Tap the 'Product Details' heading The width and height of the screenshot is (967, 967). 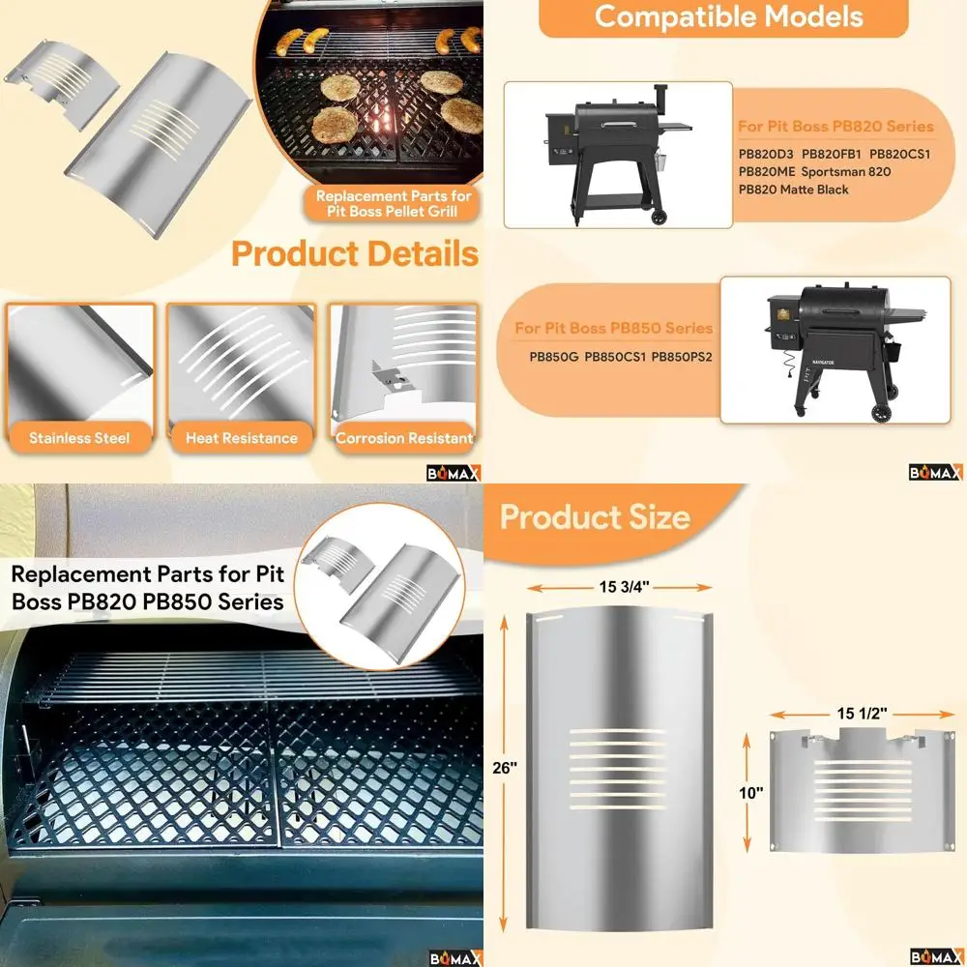tap(354, 254)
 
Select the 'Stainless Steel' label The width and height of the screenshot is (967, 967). tap(79, 438)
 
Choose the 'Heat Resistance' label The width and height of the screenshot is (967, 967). tap(242, 438)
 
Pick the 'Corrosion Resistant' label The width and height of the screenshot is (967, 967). tap(404, 438)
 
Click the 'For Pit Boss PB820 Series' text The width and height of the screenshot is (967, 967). tap(835, 127)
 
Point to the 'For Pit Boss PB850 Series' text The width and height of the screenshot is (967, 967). tap(613, 329)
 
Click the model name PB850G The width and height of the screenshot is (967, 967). tap(553, 356)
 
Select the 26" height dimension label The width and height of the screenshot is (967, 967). tap(505, 767)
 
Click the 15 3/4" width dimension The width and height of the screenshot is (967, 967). tap(620, 586)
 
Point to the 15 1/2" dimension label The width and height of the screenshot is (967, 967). tap(863, 714)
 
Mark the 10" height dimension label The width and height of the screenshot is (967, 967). tap(751, 792)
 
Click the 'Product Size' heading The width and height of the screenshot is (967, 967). tap(595, 517)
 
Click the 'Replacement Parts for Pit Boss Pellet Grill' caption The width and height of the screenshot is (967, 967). tap(393, 203)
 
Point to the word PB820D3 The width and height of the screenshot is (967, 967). tap(766, 154)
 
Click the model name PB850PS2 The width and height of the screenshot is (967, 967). tap(682, 356)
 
